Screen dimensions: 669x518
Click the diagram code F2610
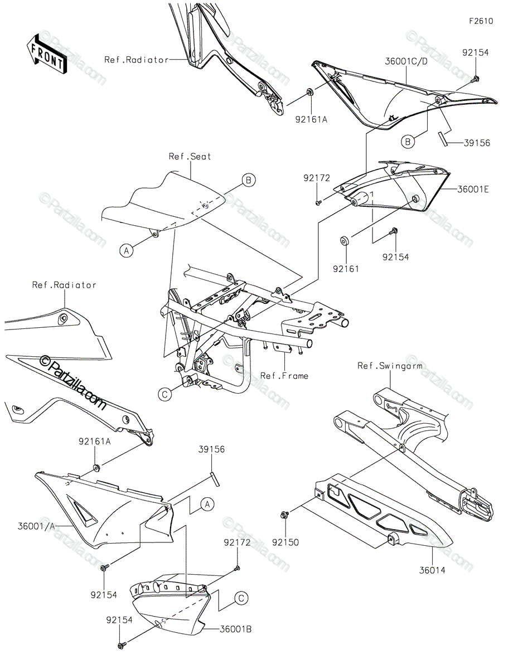(481, 22)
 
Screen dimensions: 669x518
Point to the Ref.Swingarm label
(390, 366)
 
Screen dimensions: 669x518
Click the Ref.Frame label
(284, 376)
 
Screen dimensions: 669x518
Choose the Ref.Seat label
(190, 157)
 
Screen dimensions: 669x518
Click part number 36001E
(472, 189)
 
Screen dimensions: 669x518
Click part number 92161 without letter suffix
(346, 269)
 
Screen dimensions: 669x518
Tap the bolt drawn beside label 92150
(285, 513)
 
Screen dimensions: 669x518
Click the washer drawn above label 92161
(345, 241)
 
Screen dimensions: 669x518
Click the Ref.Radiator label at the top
(136, 60)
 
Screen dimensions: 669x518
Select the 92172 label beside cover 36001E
(317, 178)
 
